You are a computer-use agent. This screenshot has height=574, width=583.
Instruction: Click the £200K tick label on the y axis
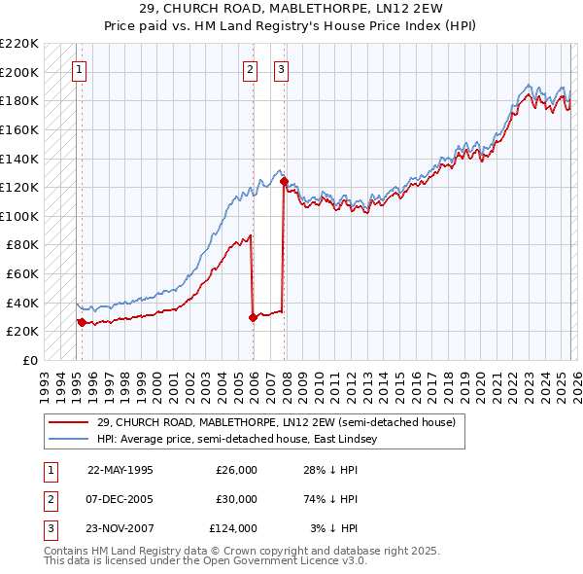tap(19, 72)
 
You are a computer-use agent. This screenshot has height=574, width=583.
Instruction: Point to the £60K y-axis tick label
tap(22, 274)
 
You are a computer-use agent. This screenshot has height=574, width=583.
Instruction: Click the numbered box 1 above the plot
tap(79, 69)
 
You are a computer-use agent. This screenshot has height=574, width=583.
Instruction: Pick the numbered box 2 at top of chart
tap(250, 69)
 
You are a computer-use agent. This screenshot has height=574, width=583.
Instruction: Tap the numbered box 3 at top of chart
tap(281, 69)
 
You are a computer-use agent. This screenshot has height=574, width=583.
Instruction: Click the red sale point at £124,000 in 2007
tap(284, 181)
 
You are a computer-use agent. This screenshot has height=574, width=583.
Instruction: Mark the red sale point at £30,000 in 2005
tap(253, 316)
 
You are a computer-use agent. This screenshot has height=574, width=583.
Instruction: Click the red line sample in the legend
tap(68, 422)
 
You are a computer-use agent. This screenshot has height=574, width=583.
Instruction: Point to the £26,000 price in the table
tap(236, 469)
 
